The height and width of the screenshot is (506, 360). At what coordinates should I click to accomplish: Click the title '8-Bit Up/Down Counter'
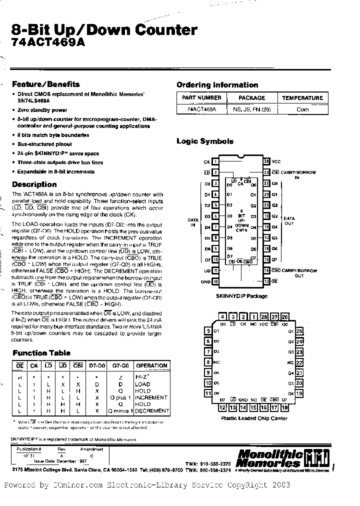104,30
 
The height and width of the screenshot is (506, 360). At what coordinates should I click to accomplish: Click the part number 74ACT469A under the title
48,43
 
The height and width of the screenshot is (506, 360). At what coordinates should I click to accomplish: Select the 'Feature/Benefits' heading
45,84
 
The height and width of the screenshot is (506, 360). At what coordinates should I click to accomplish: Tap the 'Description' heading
34,184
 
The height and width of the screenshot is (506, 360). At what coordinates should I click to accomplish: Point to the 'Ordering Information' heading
217,85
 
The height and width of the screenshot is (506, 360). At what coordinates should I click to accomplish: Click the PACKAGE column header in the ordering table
251,98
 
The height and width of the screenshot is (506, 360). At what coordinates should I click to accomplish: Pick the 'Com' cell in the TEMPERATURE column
302,109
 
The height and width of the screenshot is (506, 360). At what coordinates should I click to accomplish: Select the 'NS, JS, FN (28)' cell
251,109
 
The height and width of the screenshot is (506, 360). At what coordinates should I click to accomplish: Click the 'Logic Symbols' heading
205,141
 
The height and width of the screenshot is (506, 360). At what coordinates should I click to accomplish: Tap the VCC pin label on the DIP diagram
276,162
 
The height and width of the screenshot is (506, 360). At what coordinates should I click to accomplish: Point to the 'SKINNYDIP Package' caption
241,296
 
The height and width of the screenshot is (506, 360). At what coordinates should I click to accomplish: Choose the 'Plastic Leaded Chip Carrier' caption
254,418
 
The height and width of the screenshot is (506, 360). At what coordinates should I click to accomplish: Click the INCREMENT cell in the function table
151,397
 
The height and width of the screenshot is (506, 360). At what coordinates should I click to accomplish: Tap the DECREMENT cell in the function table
152,410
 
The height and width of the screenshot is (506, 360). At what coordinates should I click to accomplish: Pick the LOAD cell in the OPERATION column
142,384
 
